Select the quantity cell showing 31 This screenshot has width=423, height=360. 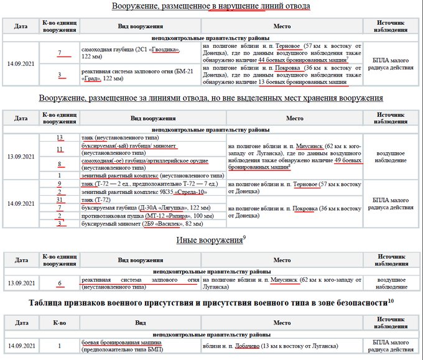click(60, 200)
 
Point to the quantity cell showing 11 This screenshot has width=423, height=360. click(60, 149)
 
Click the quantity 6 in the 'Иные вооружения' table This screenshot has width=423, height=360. click(60, 283)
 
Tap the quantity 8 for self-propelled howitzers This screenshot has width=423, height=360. click(60, 164)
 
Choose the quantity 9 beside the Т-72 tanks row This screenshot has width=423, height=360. click(60, 184)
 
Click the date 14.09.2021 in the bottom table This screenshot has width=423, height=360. click(21, 346)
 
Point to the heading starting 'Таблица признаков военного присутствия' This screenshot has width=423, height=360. click(211, 302)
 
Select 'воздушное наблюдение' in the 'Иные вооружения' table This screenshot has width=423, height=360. click(393, 283)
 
